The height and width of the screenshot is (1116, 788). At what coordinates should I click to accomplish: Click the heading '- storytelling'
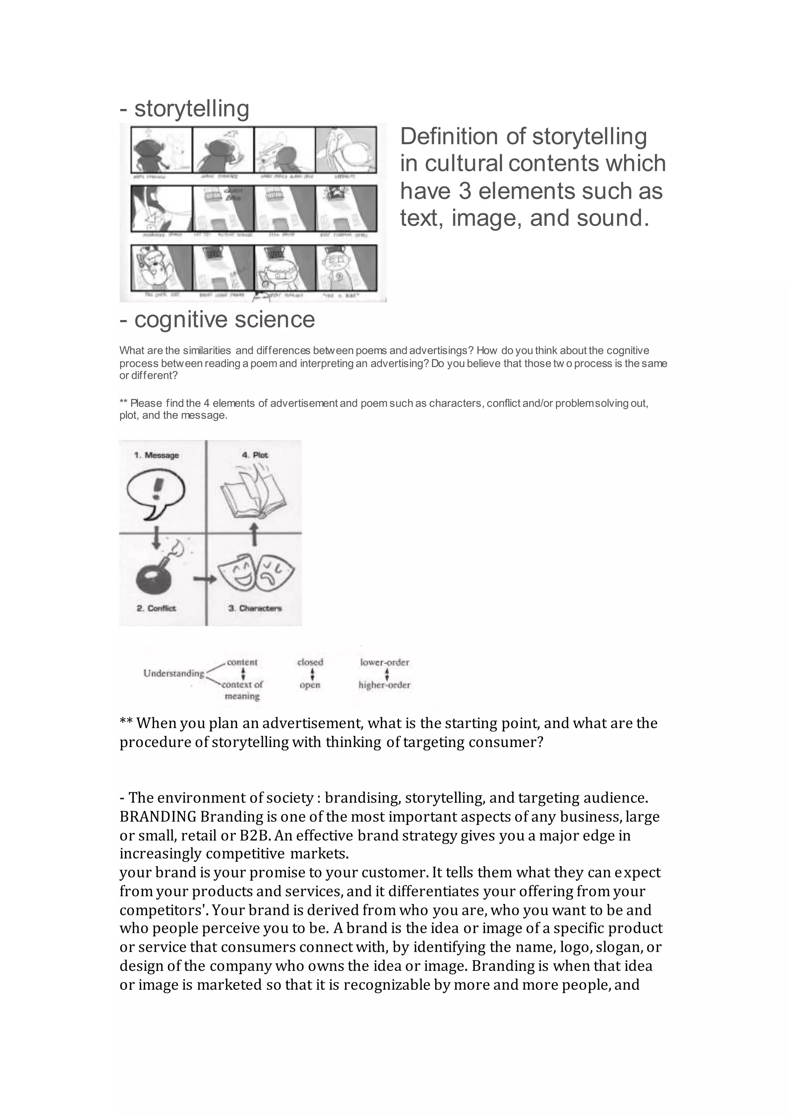tap(184, 109)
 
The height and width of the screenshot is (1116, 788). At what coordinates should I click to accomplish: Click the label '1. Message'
tap(157, 455)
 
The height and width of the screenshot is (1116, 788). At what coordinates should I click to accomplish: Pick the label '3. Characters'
tap(255, 608)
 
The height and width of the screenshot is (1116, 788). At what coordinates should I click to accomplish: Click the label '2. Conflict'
tap(156, 608)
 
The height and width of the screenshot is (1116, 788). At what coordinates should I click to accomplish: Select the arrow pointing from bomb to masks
tap(204, 579)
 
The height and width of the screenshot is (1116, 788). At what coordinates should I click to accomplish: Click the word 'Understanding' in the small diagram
tap(174, 673)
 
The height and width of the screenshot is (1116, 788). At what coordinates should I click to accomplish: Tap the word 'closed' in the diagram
tap(310, 662)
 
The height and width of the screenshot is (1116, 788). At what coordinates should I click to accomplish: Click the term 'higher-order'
tap(384, 685)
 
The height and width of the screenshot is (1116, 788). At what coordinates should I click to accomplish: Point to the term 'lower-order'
tap(384, 662)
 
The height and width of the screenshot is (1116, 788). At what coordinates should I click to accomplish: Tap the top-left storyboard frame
tap(161, 150)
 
